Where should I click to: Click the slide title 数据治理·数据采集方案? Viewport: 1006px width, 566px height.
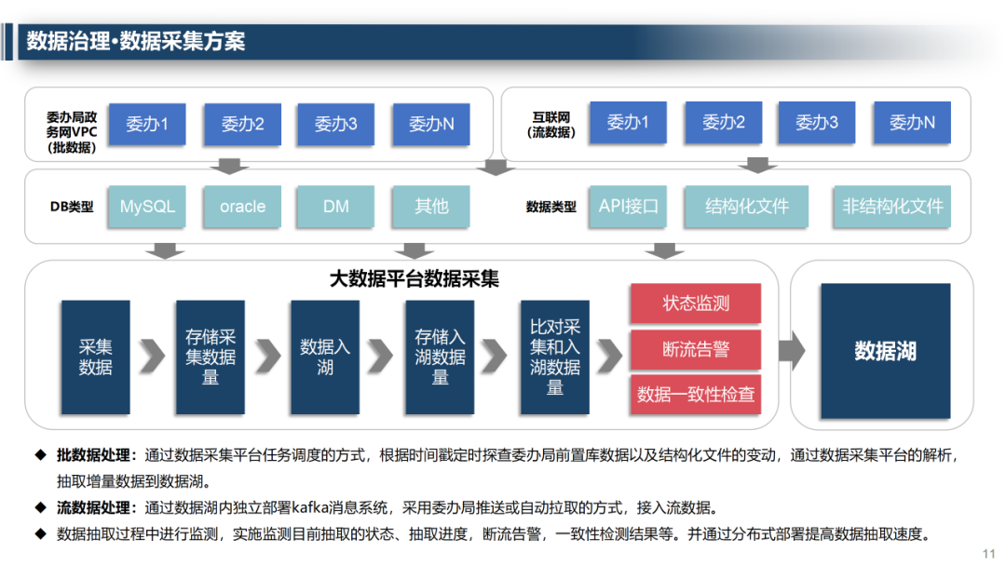136,42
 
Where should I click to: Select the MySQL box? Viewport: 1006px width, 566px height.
147,207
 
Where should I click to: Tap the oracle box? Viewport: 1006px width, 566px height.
242,207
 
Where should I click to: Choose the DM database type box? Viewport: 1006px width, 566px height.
335,207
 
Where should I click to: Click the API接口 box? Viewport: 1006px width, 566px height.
628,207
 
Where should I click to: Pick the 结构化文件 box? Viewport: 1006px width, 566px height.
747,207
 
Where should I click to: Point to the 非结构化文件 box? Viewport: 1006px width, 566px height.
892,207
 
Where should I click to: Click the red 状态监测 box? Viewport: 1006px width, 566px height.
696,303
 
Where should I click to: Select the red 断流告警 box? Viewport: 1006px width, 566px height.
696,349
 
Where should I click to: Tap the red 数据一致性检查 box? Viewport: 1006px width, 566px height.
696,395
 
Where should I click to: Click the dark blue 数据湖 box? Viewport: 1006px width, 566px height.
885,351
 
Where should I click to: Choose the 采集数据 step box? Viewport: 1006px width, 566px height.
95,357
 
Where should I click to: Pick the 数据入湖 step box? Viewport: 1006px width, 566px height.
325,357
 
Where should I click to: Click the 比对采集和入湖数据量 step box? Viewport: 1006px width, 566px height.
554,357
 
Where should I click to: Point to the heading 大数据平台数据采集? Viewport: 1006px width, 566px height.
415,278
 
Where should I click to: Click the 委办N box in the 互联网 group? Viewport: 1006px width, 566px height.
912,122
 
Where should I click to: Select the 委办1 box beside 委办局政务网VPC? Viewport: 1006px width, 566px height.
147,123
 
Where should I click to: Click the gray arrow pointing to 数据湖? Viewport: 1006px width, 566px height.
791,350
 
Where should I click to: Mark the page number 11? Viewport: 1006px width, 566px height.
989,552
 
